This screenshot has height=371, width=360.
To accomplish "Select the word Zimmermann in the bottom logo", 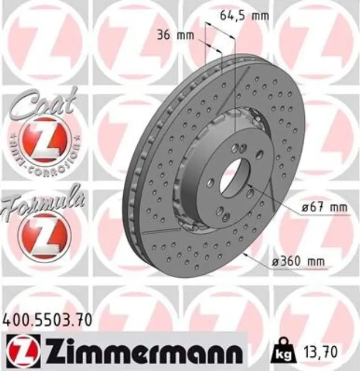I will [143, 352].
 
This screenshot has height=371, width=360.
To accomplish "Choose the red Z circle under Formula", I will [44, 236].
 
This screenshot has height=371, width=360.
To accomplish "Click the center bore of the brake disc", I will [232, 177].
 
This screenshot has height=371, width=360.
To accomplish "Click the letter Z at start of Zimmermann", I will [57, 352].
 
